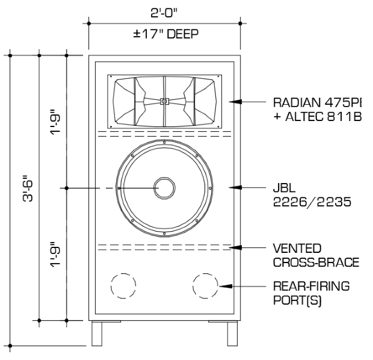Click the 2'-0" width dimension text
[x=165, y=11]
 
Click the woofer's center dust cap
[x=162, y=187]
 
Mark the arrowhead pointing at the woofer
[x=235, y=187]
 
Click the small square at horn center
[x=164, y=101]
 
